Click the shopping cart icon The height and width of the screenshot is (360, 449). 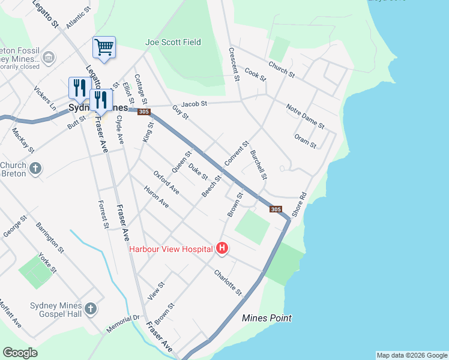[104, 47]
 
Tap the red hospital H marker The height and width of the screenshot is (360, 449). [222, 248]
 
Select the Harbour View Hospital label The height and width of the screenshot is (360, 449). [171, 248]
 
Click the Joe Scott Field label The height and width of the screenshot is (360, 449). [173, 43]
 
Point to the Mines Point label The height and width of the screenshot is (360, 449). [267, 318]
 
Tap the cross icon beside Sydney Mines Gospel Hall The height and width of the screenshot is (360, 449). [90, 310]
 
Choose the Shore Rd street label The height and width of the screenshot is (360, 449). [299, 205]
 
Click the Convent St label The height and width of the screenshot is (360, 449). [237, 155]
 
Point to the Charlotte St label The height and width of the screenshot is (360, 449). [228, 281]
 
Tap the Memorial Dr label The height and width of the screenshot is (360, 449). [123, 325]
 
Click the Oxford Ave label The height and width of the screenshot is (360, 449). [166, 182]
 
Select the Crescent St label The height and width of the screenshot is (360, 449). [234, 65]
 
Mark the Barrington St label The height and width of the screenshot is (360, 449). [50, 236]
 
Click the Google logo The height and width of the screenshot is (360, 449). [20, 353]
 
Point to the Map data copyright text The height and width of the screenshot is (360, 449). [411, 355]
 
